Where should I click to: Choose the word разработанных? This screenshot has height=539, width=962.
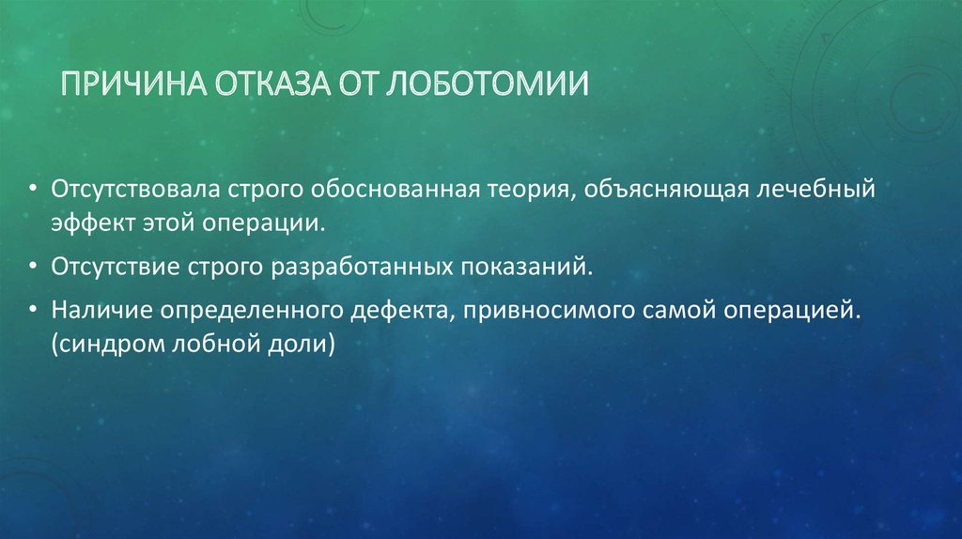pyautogui.click(x=363, y=268)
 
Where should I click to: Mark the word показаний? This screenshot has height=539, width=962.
pyautogui.click(x=525, y=268)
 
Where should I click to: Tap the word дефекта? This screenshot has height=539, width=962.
pyautogui.click(x=396, y=310)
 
